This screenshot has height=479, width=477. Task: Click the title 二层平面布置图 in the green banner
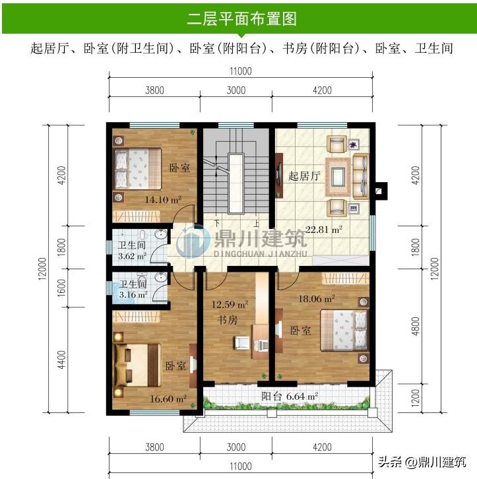(x=241, y=19)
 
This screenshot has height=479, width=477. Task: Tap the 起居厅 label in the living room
(x=304, y=176)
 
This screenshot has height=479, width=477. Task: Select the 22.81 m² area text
(x=324, y=229)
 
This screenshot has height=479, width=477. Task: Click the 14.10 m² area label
(x=163, y=200)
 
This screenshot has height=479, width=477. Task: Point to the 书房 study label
(x=227, y=320)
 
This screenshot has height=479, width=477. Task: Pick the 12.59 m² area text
(x=230, y=304)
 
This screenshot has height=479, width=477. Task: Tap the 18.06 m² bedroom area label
(x=317, y=299)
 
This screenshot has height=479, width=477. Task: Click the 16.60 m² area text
(x=168, y=399)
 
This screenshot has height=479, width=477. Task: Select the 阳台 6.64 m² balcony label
(x=290, y=397)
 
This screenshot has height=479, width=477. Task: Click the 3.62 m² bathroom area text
(x=132, y=256)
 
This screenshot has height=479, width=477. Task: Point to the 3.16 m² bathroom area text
(x=133, y=295)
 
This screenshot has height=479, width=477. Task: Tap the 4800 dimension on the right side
(x=416, y=326)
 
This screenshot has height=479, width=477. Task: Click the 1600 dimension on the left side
(x=61, y=288)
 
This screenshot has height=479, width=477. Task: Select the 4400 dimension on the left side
(x=61, y=360)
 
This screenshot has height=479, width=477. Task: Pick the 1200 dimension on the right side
(x=416, y=397)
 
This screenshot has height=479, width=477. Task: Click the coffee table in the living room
(x=338, y=177)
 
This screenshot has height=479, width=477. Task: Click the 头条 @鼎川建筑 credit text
(x=422, y=462)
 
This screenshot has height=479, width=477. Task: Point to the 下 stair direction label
(x=217, y=223)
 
